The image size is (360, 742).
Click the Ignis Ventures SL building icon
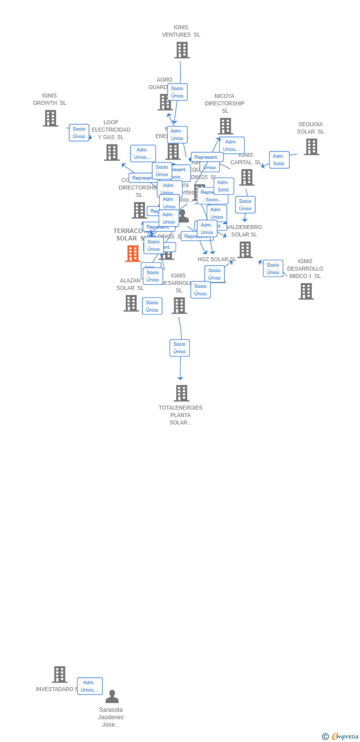[181, 50]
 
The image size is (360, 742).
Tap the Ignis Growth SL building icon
[50, 118]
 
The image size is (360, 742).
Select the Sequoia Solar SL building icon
[311, 147]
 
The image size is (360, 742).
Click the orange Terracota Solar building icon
[133, 254]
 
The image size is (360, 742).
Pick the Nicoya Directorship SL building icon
[225, 126]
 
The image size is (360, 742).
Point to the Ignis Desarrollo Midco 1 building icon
[306, 291]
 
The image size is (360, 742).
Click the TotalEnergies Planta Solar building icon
[181, 393]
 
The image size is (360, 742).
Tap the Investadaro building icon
[59, 674]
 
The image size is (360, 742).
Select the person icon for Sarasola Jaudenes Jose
[112, 696]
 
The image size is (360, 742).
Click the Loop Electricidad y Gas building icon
[112, 152]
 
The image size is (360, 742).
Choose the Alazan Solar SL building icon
[131, 303]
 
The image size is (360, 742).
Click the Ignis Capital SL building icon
[246, 177]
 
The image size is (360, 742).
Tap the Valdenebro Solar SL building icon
[245, 250]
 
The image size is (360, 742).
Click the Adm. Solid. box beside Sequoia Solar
[279, 160]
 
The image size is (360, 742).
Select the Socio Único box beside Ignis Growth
[79, 133]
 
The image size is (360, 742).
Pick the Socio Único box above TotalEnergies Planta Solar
[180, 348]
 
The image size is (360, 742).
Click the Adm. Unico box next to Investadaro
[90, 686]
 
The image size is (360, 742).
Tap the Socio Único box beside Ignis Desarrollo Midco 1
[273, 268]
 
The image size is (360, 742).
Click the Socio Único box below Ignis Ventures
[177, 92]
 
